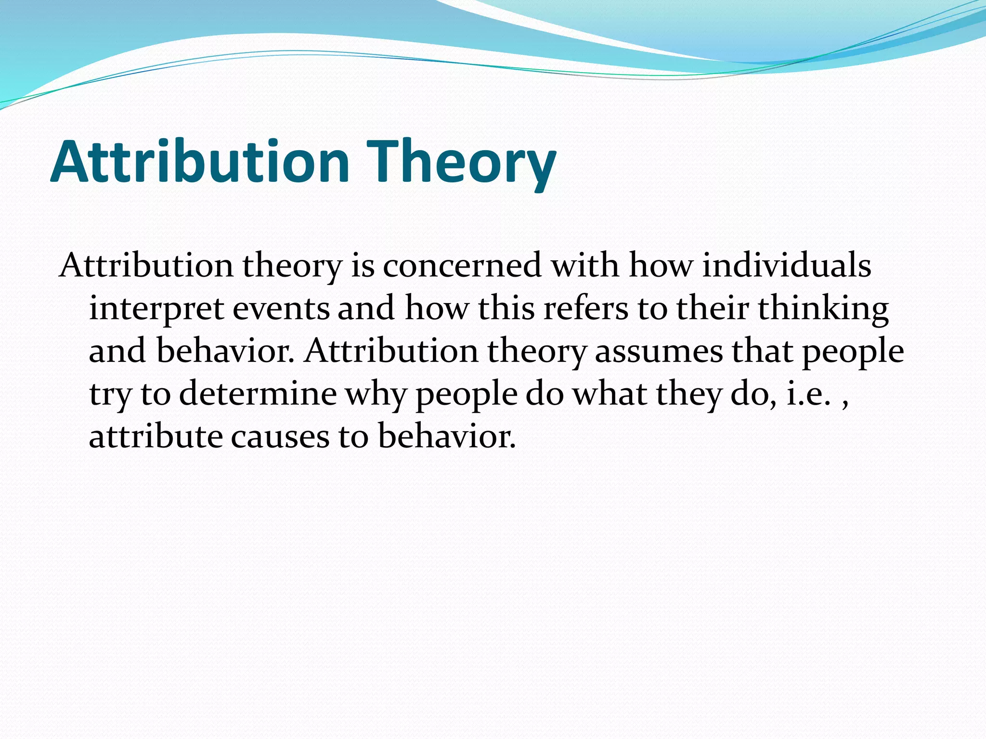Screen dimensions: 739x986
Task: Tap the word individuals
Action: point(787,266)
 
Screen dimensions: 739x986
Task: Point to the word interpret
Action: point(156,309)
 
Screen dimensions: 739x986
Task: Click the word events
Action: point(281,309)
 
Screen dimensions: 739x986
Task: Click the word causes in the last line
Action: point(280,437)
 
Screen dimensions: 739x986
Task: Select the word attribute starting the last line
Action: point(156,437)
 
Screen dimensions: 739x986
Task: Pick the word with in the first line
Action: point(585,266)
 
